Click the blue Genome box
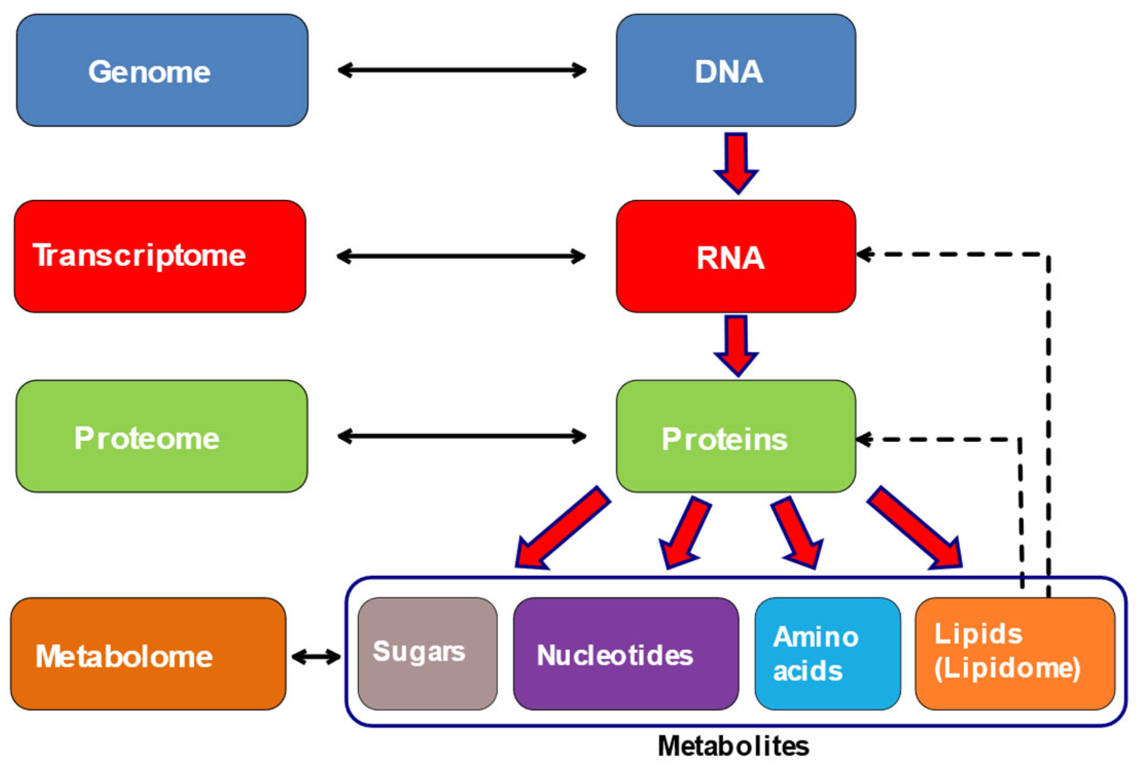click(x=162, y=70)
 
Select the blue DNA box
click(x=736, y=70)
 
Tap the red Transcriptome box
click(x=160, y=256)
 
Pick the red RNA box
click(x=736, y=257)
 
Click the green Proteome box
click(x=162, y=436)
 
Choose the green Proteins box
click(x=736, y=436)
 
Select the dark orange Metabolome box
click(x=148, y=654)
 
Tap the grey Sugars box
click(x=428, y=654)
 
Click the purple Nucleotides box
click(x=626, y=654)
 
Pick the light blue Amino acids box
click(x=827, y=654)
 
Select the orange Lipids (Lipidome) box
click(x=1015, y=654)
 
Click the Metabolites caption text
click(x=733, y=746)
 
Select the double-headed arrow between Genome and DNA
click(x=461, y=70)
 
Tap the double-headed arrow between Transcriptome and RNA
click(x=461, y=256)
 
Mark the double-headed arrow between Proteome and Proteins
click(x=461, y=436)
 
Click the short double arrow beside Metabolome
click(x=315, y=656)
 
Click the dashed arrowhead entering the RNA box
click(x=865, y=254)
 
